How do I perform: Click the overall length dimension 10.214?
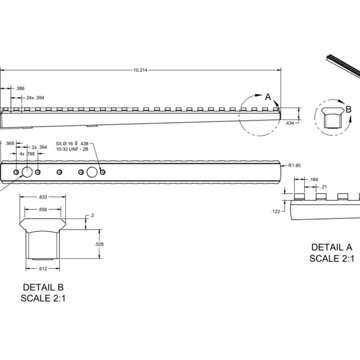click(141, 70)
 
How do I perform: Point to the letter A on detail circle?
click(268, 96)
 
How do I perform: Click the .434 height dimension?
click(290, 122)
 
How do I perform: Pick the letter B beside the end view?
click(348, 109)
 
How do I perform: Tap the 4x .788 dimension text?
click(28, 153)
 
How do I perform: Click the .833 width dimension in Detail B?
click(43, 197)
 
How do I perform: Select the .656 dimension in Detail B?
click(43, 209)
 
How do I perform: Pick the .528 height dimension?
click(100, 244)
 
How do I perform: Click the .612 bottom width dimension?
click(43, 269)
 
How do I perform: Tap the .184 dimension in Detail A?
click(314, 180)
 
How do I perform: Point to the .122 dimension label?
click(276, 211)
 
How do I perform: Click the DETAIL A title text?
click(332, 247)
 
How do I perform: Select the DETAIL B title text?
click(43, 287)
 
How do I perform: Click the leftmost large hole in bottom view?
click(27, 172)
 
